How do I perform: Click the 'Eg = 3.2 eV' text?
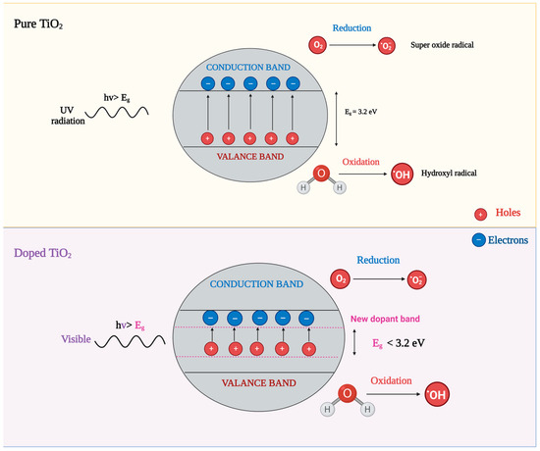[355, 111]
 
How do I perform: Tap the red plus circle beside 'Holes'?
[480, 213]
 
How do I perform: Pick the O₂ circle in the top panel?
[317, 45]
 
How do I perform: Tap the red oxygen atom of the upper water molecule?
[322, 174]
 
